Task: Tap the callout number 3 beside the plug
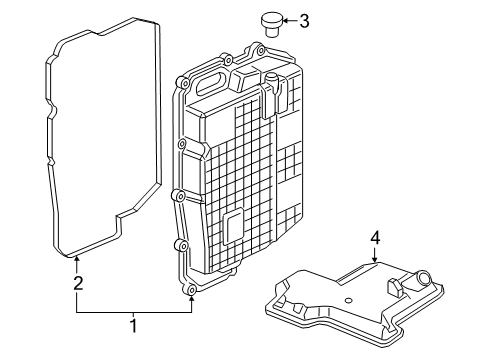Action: click(304, 19)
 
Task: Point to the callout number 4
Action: click(374, 238)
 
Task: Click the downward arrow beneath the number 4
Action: click(374, 255)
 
